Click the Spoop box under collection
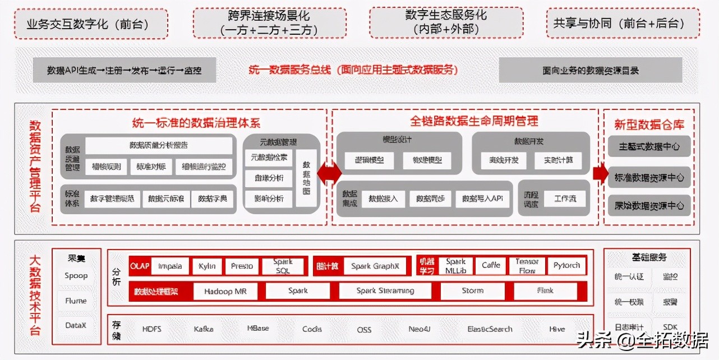(76, 275)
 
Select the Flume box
(76, 301)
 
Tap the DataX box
(76, 326)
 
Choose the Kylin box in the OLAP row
(207, 266)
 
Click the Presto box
(242, 266)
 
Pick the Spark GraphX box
(375, 266)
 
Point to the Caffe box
(491, 265)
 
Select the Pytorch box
(566, 265)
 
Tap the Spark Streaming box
(385, 291)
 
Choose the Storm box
(472, 291)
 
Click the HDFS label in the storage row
(151, 329)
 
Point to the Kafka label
(204, 329)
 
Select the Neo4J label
(420, 329)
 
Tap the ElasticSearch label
(490, 329)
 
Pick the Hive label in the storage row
(557, 329)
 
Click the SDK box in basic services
(670, 327)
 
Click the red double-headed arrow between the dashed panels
(329, 173)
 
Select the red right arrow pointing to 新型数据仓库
(600, 173)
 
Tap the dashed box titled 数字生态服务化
(446, 22)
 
